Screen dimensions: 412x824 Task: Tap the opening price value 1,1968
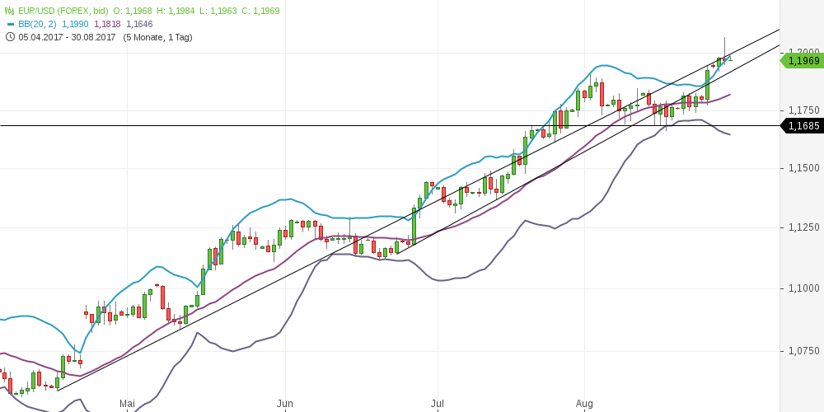(x=143, y=11)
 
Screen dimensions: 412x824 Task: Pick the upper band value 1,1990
(x=76, y=24)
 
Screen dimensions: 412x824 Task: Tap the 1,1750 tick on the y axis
(x=803, y=110)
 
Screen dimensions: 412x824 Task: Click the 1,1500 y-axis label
(x=803, y=168)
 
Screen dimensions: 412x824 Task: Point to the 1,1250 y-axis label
(x=803, y=227)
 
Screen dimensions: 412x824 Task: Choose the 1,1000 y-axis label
(x=803, y=288)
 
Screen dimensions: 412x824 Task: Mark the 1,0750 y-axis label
(x=803, y=351)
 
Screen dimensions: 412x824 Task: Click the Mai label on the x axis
(x=127, y=404)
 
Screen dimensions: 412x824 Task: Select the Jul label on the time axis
(x=438, y=404)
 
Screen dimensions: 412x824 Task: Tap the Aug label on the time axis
(x=584, y=404)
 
